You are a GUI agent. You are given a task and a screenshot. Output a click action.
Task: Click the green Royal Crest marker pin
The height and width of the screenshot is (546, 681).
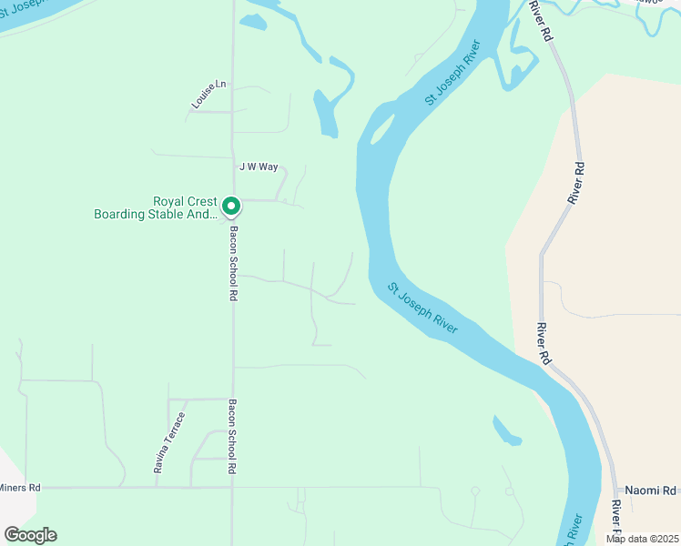point(231,207)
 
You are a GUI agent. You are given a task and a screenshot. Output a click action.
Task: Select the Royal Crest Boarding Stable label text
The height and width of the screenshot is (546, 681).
point(157,208)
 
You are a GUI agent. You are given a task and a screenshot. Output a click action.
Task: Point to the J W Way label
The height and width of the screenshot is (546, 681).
point(258,167)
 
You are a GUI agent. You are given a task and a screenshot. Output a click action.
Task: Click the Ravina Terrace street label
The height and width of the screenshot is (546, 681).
point(168,443)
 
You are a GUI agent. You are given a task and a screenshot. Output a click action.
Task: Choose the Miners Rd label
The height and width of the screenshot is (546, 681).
point(20,488)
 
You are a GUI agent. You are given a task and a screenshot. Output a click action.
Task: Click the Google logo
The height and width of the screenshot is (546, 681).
point(30,534)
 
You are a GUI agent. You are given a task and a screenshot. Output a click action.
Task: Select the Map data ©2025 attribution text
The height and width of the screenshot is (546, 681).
point(641,538)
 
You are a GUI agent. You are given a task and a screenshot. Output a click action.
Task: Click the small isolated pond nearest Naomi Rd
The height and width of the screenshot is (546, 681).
point(507,431)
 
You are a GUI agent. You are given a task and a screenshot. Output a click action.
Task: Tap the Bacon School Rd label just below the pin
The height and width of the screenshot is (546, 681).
point(233,264)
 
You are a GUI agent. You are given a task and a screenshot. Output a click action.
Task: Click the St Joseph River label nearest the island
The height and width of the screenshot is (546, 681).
point(452,73)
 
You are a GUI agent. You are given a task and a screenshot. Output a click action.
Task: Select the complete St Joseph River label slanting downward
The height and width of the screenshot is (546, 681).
point(422,308)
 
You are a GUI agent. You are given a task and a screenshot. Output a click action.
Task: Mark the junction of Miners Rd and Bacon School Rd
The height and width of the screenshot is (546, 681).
point(233,488)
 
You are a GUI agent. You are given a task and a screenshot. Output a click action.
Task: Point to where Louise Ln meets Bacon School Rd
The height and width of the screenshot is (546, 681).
point(233,111)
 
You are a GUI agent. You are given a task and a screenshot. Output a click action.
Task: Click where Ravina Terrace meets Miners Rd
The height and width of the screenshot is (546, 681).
point(156,488)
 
